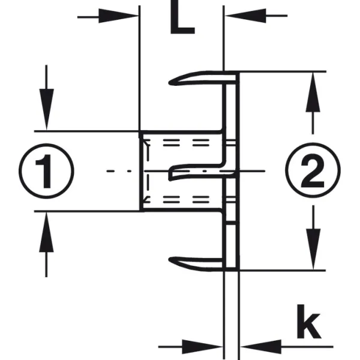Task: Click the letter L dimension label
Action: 182,17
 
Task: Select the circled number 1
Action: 46,171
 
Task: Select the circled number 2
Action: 313,170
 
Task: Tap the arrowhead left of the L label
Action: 118,16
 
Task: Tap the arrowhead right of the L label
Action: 245,16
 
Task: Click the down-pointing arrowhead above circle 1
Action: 47,110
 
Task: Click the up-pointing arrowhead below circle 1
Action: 46,232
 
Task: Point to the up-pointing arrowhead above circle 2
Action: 313,92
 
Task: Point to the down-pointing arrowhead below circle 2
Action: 313,249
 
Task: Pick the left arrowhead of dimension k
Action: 202,347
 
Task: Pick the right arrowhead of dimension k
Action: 261,347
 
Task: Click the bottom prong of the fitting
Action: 196,263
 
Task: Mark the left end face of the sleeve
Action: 141,171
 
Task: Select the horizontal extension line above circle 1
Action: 87,131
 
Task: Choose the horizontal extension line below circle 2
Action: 283,271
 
